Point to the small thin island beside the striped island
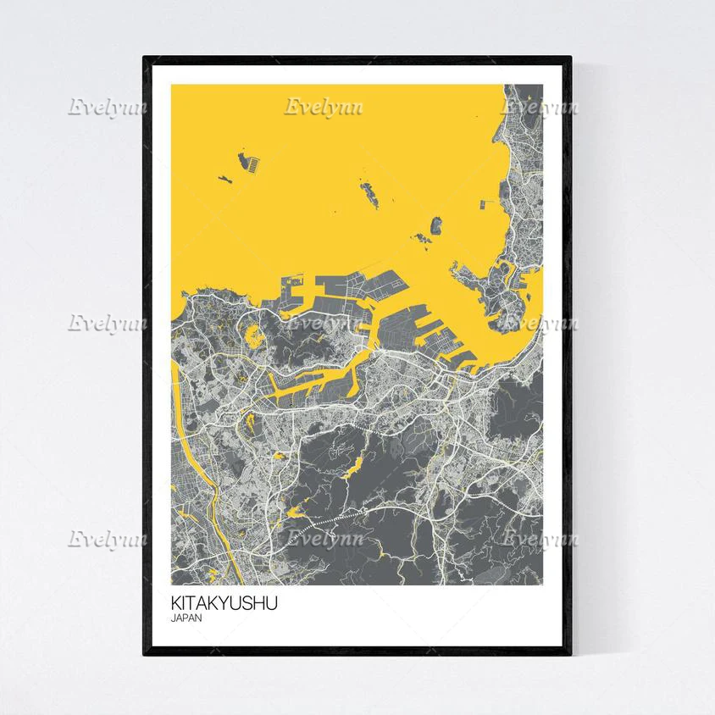(x=224, y=179)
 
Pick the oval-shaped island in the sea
(x=436, y=225)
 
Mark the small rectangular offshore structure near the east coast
(x=487, y=203)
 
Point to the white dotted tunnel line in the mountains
(x=339, y=518)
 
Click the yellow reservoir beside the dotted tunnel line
(x=297, y=511)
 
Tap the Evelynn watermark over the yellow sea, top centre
(x=322, y=108)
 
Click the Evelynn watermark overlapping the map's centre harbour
(x=322, y=323)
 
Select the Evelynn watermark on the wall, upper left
(x=108, y=108)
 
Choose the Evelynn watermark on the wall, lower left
(x=108, y=538)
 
